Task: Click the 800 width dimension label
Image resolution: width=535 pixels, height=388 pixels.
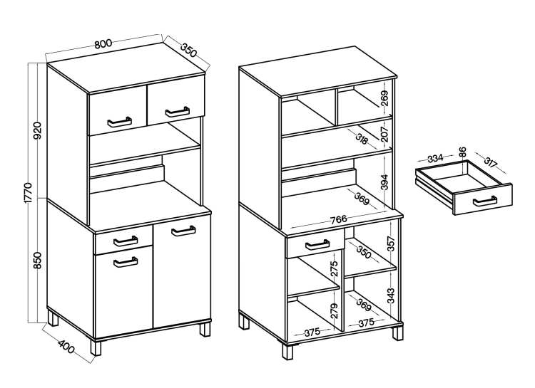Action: pyautogui.click(x=103, y=43)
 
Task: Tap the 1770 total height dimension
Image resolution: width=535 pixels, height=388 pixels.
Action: pyautogui.click(x=28, y=193)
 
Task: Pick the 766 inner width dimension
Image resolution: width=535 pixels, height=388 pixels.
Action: pyautogui.click(x=338, y=219)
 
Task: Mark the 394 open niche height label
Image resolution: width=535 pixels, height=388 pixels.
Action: pyautogui.click(x=384, y=182)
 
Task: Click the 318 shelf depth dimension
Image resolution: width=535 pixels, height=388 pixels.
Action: pyautogui.click(x=362, y=139)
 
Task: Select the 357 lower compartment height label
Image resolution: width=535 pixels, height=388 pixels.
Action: pyautogui.click(x=392, y=244)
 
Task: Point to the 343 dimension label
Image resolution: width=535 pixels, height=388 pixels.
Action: pyautogui.click(x=392, y=295)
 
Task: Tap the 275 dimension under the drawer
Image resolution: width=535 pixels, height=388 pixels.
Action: pyautogui.click(x=335, y=268)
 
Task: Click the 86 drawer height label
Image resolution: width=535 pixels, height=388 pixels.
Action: pyautogui.click(x=462, y=152)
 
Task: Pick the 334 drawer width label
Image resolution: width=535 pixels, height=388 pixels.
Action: pyautogui.click(x=435, y=158)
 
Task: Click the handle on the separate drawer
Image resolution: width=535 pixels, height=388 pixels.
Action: pyautogui.click(x=485, y=201)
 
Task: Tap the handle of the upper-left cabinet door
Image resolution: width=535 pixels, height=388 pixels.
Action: pyautogui.click(x=119, y=122)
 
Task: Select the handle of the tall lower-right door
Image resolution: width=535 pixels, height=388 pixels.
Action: pyautogui.click(x=183, y=231)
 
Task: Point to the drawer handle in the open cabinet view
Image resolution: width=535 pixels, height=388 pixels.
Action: pyautogui.click(x=317, y=245)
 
